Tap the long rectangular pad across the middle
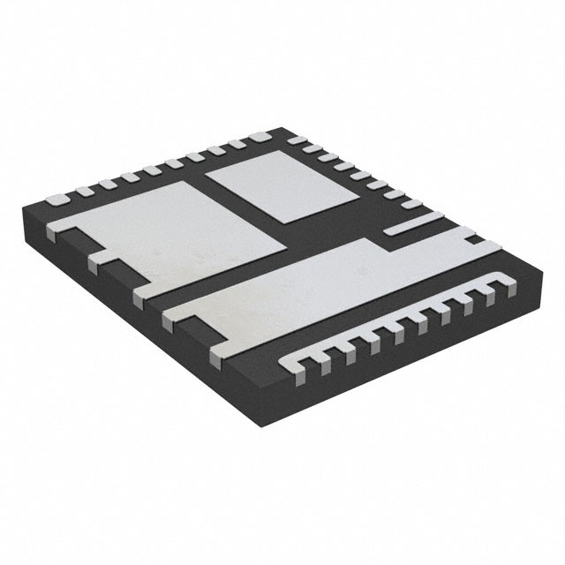(x=327, y=291)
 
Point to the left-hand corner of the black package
(x=21, y=212)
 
